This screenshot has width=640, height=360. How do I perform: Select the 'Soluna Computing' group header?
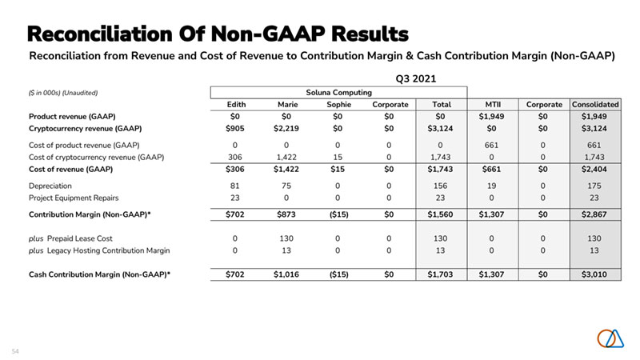pyautogui.click(x=338, y=92)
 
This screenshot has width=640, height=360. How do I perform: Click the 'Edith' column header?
pyautogui.click(x=236, y=105)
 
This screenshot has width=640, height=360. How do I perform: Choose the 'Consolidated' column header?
pyautogui.click(x=596, y=105)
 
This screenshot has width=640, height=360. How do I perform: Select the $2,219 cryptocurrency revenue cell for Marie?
pyautogui.click(x=286, y=128)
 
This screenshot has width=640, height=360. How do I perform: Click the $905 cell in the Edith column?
pyautogui.click(x=235, y=128)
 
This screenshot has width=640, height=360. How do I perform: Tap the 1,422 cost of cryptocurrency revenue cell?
pyautogui.click(x=286, y=158)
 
